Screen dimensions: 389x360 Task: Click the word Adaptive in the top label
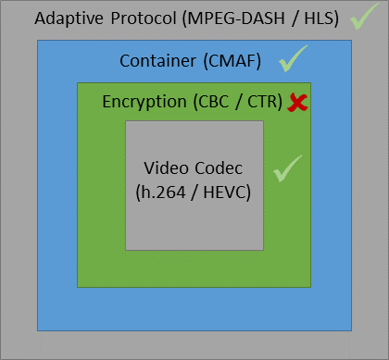click(x=69, y=19)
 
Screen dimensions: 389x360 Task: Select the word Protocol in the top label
click(x=144, y=19)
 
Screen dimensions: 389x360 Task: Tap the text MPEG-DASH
click(x=236, y=19)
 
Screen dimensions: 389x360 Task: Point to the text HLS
click(x=319, y=19)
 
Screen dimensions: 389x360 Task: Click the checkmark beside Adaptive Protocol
click(x=364, y=17)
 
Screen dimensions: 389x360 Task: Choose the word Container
click(x=157, y=61)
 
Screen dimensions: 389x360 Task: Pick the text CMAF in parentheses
click(x=232, y=61)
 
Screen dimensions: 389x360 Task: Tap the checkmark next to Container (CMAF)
click(x=294, y=58)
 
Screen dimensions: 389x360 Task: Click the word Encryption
click(x=144, y=102)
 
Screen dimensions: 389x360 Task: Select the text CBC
click(x=213, y=102)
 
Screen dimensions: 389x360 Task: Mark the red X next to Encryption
click(x=297, y=103)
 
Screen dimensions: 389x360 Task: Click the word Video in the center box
click(x=166, y=168)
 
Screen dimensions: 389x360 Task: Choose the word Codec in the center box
click(x=219, y=168)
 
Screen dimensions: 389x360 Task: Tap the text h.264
click(x=163, y=192)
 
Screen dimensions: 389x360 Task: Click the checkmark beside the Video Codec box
click(x=288, y=168)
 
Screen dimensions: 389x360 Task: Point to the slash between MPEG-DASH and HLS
click(x=295, y=19)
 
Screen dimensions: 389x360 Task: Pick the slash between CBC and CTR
click(x=238, y=102)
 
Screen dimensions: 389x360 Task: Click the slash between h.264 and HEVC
click(x=194, y=192)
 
